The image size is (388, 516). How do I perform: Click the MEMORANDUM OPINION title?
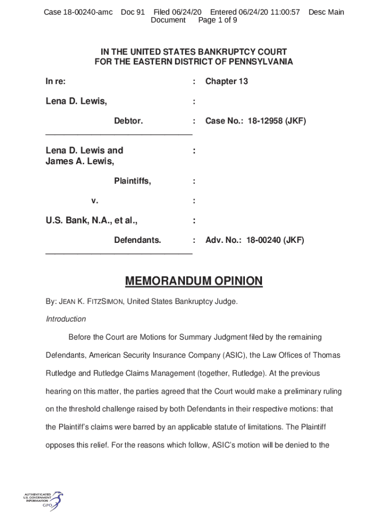point(193,281)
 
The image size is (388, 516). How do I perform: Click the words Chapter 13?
point(226,82)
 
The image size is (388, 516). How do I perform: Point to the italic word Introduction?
point(66,319)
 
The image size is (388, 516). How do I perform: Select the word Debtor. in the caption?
point(128,121)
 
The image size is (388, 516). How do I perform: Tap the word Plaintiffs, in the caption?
point(133,181)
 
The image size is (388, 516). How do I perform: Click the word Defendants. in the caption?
point(138,240)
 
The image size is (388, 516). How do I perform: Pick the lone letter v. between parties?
point(95,201)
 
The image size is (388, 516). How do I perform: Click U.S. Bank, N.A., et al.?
point(92,221)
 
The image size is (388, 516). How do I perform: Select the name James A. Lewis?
point(80,161)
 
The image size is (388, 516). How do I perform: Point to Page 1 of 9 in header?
point(218,20)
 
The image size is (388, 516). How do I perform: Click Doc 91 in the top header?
point(133,12)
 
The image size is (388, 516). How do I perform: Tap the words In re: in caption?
point(55,82)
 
